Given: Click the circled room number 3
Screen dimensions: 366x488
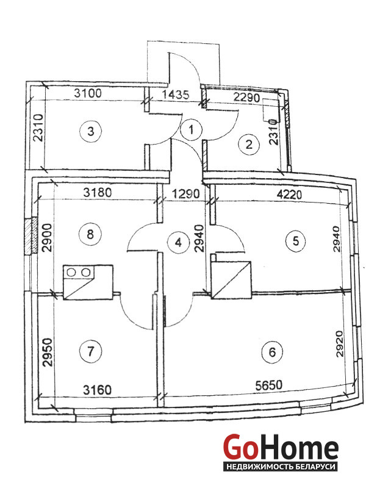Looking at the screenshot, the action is [x=90, y=131].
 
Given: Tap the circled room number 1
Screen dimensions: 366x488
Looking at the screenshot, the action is [x=191, y=129].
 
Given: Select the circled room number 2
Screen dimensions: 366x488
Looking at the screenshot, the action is [x=249, y=145].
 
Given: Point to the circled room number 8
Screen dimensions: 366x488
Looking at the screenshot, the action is [x=90, y=234].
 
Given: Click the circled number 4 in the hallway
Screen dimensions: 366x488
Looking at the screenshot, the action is [x=178, y=242].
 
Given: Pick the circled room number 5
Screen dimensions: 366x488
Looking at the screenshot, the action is [x=296, y=240].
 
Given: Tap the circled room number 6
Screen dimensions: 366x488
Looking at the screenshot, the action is [x=272, y=352].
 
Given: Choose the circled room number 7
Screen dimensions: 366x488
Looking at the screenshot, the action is [x=90, y=352].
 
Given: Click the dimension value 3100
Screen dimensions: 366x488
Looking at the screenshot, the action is [x=88, y=93].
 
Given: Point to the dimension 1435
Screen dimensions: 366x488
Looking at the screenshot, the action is [x=176, y=95].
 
